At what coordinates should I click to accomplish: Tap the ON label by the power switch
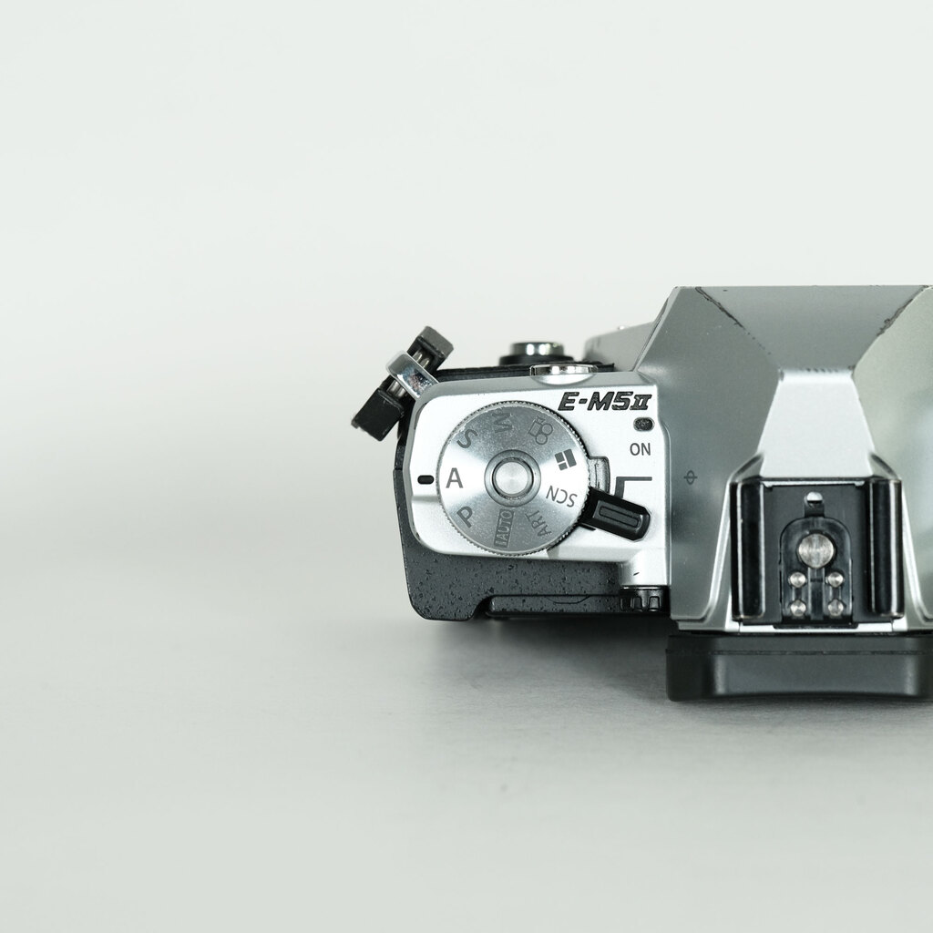641,449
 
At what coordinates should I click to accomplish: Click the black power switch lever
618,513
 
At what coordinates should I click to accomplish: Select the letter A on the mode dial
455,477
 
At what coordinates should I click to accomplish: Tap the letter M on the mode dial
503,423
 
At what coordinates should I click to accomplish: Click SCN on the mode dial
561,497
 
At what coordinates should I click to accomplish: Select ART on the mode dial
539,524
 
